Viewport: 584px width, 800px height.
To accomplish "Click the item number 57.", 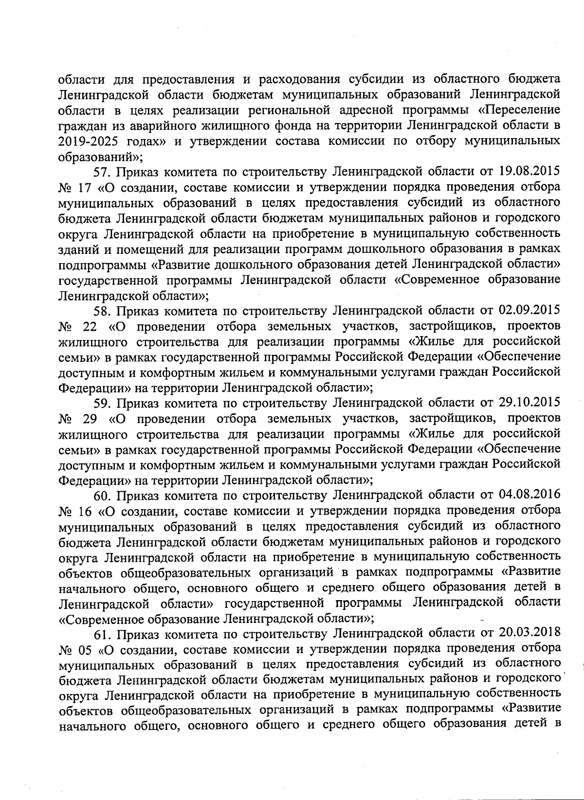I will click(x=102, y=172).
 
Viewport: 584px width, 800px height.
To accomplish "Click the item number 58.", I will click(x=102, y=310).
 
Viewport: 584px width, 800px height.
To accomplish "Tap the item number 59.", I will click(x=102, y=403).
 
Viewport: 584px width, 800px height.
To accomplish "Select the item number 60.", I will click(x=102, y=495).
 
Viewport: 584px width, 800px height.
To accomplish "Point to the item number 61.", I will click(x=102, y=634).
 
